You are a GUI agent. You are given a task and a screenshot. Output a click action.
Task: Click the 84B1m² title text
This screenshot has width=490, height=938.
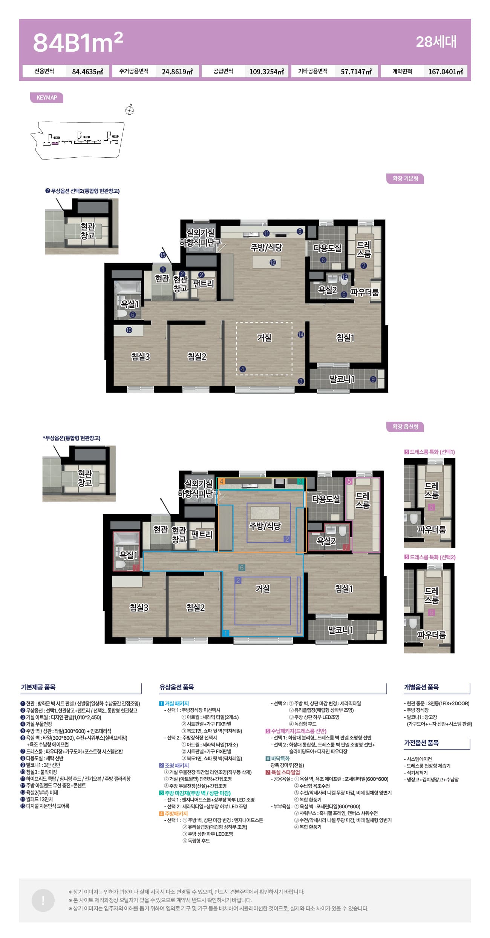point(78,42)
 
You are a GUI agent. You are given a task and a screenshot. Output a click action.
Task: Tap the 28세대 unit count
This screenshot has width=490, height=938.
point(436,42)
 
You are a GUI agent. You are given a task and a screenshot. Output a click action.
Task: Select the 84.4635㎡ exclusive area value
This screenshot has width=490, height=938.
point(87,71)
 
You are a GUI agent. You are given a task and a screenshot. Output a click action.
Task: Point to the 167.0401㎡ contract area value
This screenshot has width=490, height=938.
point(446,71)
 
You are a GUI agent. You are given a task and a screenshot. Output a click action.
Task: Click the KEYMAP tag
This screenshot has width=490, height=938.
point(47,98)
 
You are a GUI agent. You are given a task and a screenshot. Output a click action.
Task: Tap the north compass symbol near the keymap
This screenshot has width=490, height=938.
point(130,110)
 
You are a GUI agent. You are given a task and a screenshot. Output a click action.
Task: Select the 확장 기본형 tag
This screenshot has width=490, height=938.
point(405,178)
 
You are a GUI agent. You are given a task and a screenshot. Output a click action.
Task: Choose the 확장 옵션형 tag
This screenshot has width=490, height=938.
point(405,427)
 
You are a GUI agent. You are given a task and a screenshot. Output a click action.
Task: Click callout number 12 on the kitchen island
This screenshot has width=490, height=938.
point(273,263)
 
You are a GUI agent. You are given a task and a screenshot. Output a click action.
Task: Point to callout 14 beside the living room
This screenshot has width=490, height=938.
point(301,335)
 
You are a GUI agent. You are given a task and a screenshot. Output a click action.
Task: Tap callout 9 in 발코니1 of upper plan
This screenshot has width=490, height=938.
point(373,379)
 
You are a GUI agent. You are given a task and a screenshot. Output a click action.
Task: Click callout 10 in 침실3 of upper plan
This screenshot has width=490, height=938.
point(129,330)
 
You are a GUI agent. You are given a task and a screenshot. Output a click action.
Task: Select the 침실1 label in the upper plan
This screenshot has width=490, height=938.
point(345,338)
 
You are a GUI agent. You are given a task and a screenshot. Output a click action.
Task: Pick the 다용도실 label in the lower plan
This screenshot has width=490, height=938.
point(326,499)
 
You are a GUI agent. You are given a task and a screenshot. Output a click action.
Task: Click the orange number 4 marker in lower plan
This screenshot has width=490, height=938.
point(222,481)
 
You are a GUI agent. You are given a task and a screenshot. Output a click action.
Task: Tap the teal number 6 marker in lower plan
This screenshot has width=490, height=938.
point(242,568)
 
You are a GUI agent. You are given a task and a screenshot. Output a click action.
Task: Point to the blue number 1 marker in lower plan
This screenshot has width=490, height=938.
point(225,633)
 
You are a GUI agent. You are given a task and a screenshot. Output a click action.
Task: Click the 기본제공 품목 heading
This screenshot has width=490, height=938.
point(38,687)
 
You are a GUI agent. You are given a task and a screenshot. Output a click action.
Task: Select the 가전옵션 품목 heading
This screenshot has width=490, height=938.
point(421,743)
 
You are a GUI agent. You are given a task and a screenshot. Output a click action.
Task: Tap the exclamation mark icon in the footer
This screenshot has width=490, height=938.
point(43,901)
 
